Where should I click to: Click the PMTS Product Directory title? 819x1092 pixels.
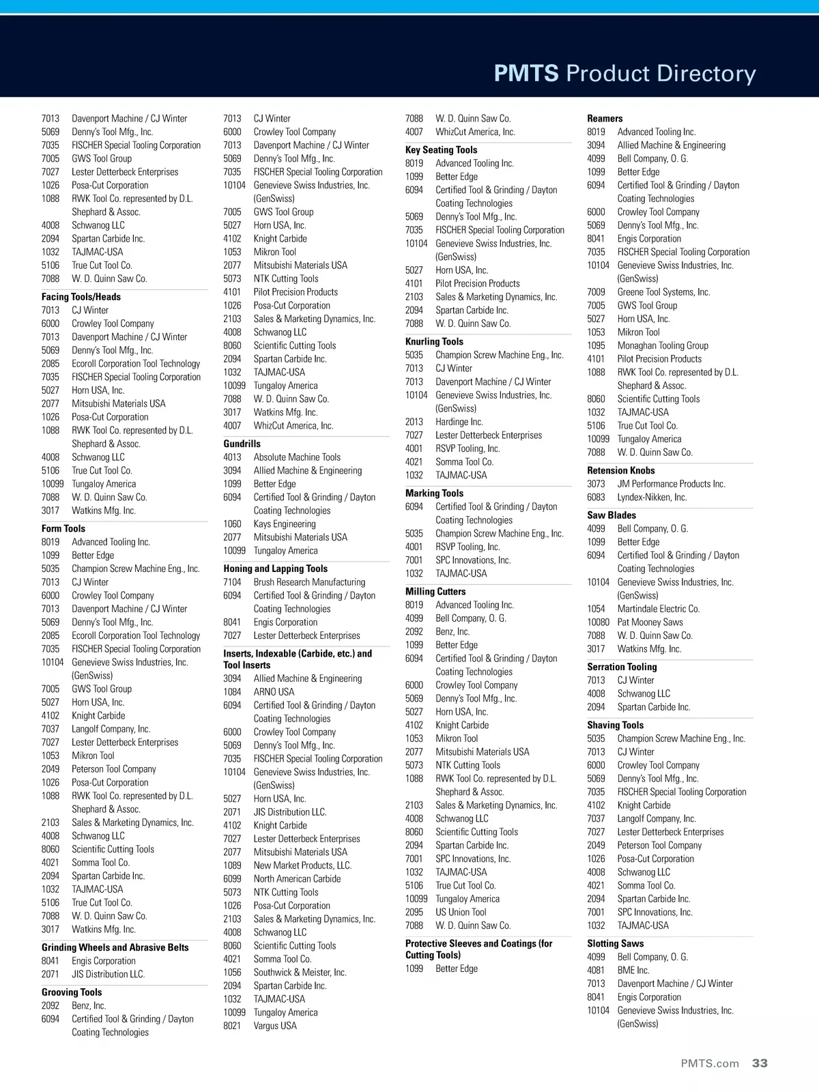(x=624, y=73)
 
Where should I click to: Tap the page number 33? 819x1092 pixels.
(x=760, y=1063)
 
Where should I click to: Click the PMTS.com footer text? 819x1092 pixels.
(x=710, y=1063)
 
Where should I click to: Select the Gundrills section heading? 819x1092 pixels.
(x=242, y=444)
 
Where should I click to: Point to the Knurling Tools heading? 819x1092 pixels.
(x=434, y=341)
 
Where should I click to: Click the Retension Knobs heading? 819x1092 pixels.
(x=620, y=470)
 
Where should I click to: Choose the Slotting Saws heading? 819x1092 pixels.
(x=615, y=943)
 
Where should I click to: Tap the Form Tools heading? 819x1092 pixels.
(x=63, y=528)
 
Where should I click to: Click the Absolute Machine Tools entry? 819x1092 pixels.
(x=297, y=457)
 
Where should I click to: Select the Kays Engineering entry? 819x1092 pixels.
(x=285, y=524)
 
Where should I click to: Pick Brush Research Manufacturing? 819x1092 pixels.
(x=309, y=582)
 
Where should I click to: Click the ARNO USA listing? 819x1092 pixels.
(x=274, y=692)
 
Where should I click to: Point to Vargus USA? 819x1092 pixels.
(x=275, y=1026)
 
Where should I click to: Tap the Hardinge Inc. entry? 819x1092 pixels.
(x=459, y=422)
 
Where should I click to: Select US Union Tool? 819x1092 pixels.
(x=461, y=913)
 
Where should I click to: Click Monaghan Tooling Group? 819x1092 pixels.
(x=663, y=345)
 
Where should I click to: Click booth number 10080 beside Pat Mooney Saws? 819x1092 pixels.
(x=598, y=622)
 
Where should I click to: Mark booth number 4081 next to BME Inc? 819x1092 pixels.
(x=596, y=971)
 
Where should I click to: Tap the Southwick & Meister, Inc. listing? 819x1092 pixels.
(x=300, y=973)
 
